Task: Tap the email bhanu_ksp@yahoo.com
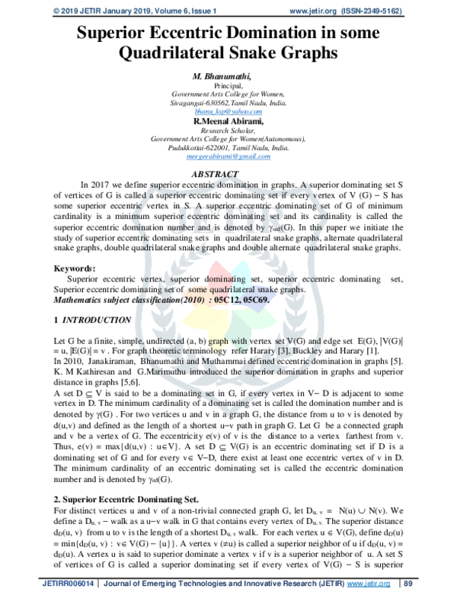pos(228,111)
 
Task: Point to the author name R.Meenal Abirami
pos(228,121)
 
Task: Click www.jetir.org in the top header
pos(323,10)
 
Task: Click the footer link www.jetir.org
pos(366,583)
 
